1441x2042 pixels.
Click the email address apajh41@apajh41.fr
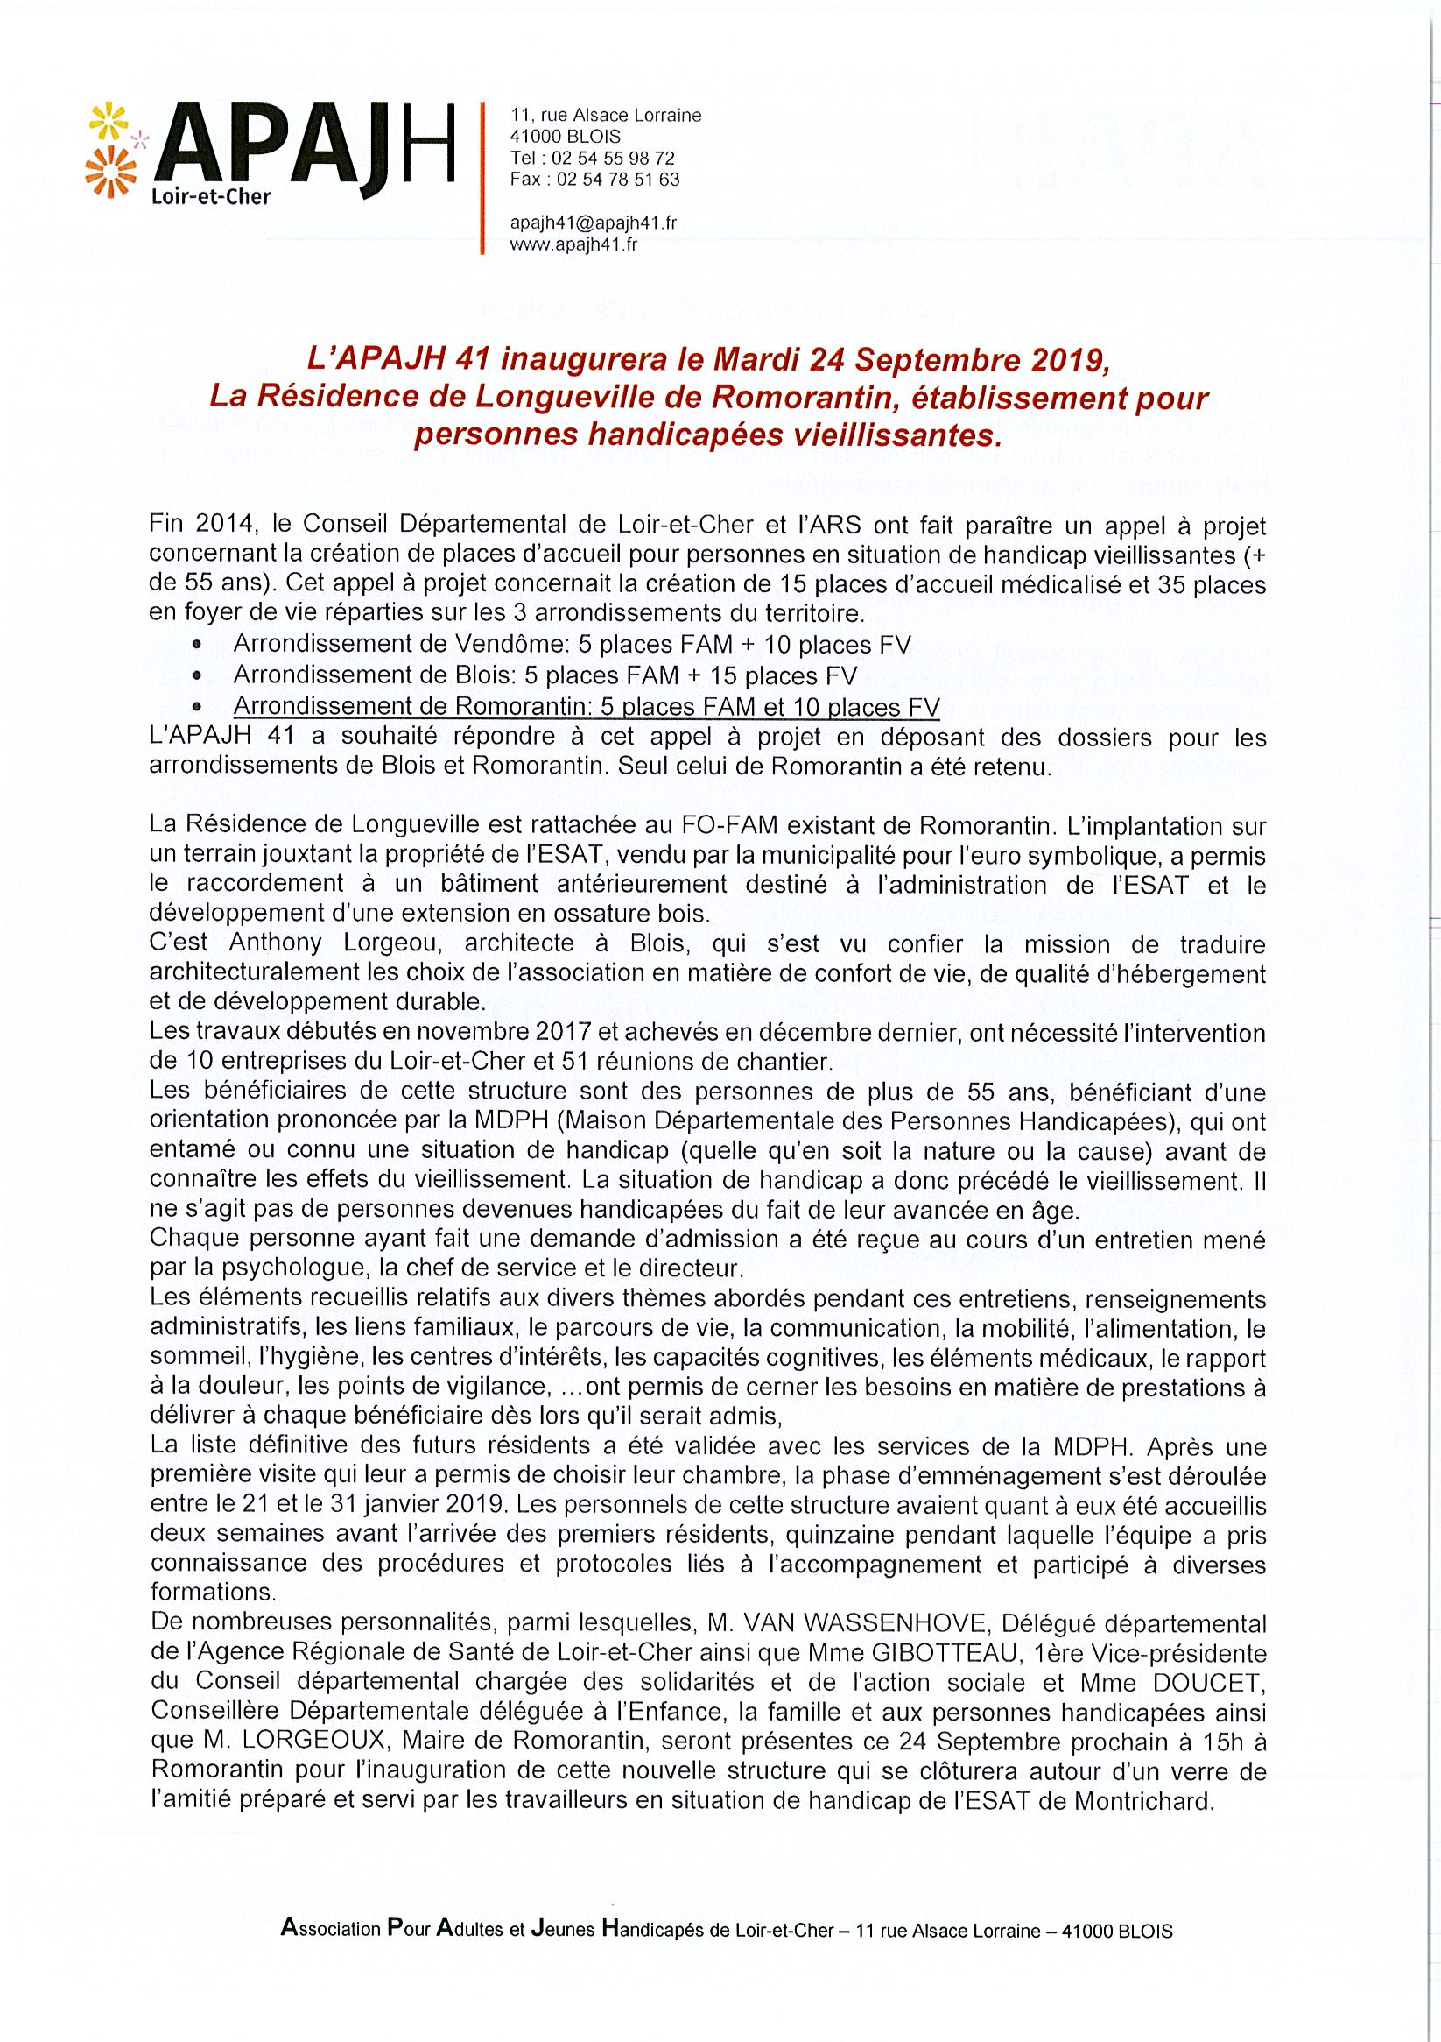593,223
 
